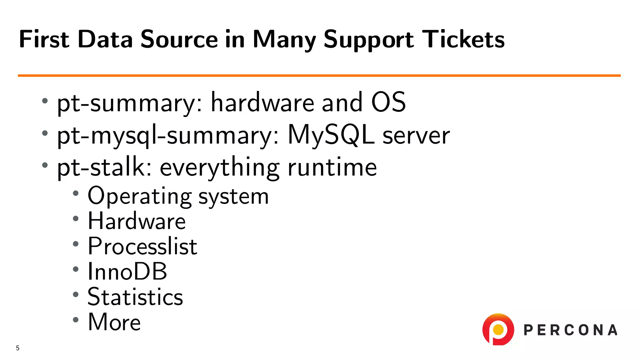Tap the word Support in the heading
tap(368, 40)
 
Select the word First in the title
tap(44, 39)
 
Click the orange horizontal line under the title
tap(319, 76)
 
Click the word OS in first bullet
tap(388, 102)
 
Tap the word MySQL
tap(331, 135)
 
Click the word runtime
tap(332, 167)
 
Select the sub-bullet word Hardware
tap(137, 221)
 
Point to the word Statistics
tap(135, 297)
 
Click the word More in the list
tap(114, 322)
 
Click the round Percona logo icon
tap(498, 329)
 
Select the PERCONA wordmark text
tap(570, 330)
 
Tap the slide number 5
tap(18, 348)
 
